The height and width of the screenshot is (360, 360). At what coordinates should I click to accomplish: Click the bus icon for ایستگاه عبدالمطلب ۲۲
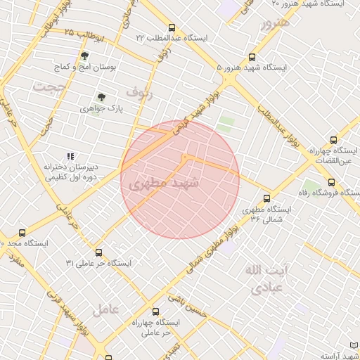coord(172,28)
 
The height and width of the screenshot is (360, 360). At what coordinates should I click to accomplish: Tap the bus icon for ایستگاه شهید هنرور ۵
coord(252,58)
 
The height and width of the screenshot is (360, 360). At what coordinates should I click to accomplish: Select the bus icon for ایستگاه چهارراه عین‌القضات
coord(333,140)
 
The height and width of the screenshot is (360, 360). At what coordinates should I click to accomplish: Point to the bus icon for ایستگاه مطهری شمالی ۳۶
coord(266,198)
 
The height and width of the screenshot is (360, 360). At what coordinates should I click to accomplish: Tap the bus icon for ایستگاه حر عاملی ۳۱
coord(98,252)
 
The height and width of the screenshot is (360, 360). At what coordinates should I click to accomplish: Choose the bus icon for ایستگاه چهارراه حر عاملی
coord(155,311)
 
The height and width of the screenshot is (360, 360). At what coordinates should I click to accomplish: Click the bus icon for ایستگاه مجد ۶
coord(22,232)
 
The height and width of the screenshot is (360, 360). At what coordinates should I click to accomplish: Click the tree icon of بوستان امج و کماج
coord(84,56)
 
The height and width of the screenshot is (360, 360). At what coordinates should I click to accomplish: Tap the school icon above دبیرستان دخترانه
coord(70,156)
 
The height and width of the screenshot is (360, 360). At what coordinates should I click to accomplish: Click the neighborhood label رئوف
coord(139,91)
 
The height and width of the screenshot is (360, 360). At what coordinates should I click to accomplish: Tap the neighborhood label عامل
coord(105,308)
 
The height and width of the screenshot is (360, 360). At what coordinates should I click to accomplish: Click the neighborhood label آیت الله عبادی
coord(264,278)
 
